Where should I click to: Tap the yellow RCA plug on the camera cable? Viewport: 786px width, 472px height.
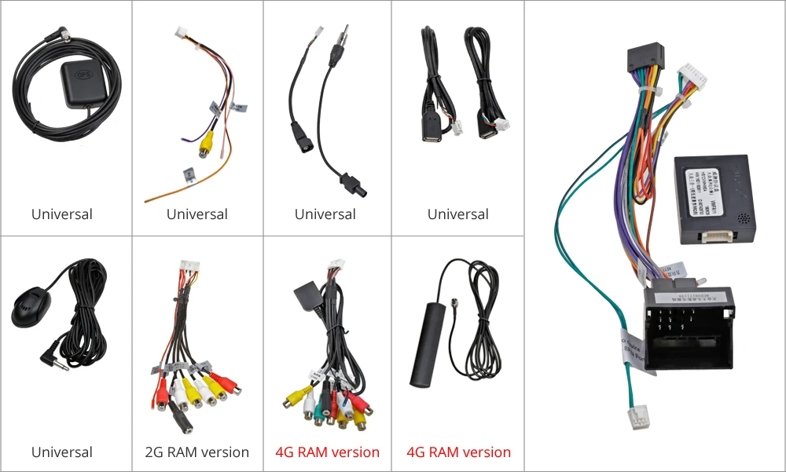coord(206,145)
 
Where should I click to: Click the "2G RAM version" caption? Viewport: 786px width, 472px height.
coord(197,452)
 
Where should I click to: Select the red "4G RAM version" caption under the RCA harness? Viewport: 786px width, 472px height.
coord(327,452)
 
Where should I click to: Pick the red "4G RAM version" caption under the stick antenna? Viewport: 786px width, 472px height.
coord(458,452)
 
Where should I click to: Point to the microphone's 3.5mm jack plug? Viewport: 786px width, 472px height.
coord(53,362)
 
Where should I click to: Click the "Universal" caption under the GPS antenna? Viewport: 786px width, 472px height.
coord(62,214)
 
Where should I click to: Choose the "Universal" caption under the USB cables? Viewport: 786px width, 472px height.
coord(458,214)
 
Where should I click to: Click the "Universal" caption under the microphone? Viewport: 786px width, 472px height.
coord(62,452)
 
